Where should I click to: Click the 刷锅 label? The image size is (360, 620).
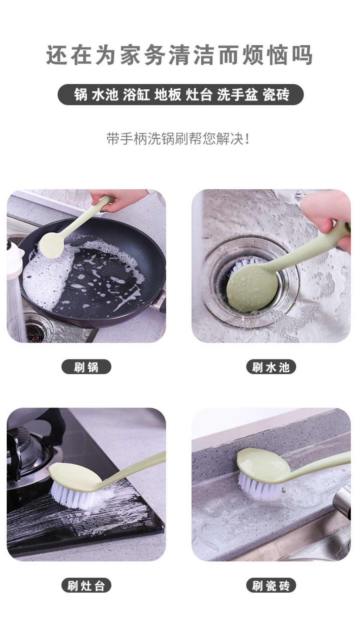click(86, 367)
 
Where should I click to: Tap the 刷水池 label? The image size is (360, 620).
click(271, 367)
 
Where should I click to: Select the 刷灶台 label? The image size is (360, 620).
click(86, 586)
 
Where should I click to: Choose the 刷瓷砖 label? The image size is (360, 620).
click(271, 586)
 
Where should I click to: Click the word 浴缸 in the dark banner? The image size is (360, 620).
click(136, 95)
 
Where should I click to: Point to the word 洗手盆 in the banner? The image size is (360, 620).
click(237, 95)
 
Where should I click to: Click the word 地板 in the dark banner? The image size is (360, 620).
click(168, 95)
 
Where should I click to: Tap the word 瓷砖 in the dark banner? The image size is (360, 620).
click(276, 95)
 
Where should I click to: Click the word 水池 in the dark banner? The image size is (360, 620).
click(105, 95)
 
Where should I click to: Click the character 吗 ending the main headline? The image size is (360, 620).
click(301, 55)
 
